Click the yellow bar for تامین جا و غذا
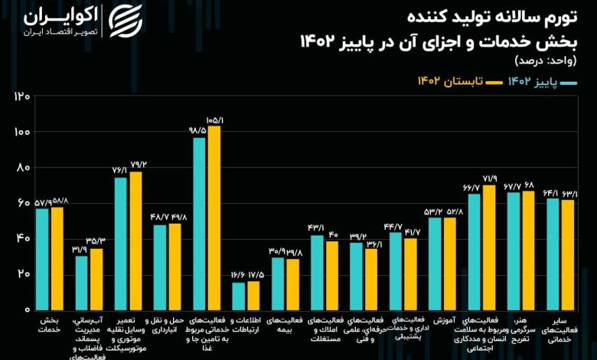tap(214, 218)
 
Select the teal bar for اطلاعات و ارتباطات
tap(239, 296)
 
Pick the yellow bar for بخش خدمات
tap(57, 257)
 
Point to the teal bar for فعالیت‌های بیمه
tap(278, 283)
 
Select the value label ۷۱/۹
tap(489, 178)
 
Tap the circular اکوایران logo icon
tap(126, 22)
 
